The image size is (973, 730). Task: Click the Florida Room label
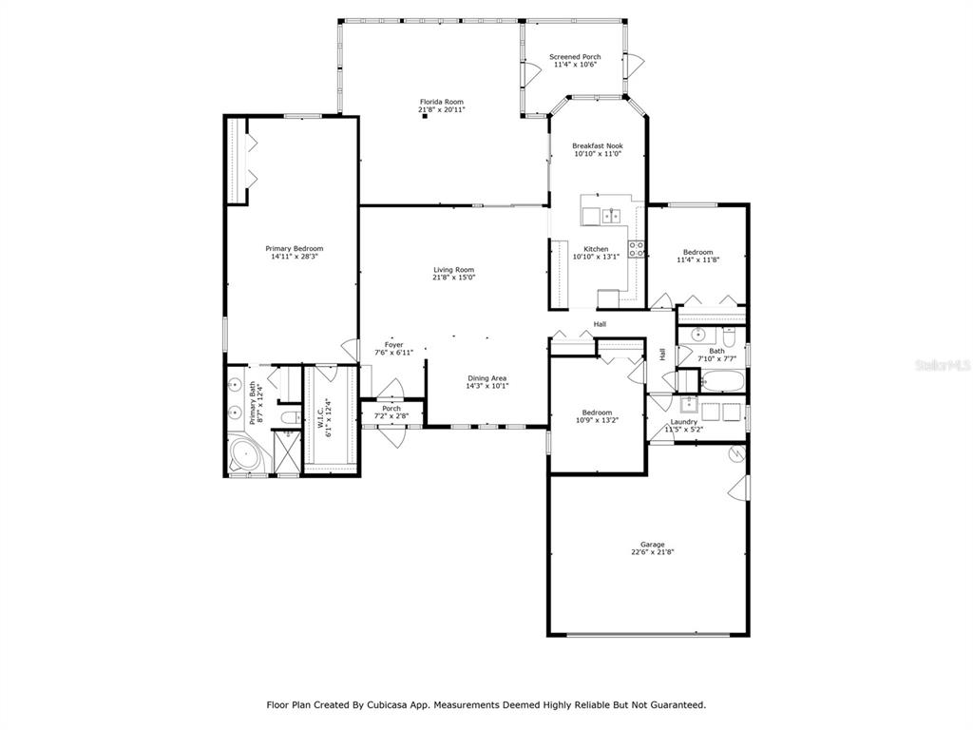(x=441, y=102)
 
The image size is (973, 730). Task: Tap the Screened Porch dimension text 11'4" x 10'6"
(x=575, y=64)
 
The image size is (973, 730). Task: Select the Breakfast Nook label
(x=598, y=145)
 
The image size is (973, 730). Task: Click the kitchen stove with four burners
(x=636, y=249)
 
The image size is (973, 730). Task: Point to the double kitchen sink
(x=611, y=216)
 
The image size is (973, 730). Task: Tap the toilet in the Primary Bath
(x=289, y=417)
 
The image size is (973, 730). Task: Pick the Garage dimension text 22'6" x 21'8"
(x=653, y=551)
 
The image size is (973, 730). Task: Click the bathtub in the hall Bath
(x=722, y=381)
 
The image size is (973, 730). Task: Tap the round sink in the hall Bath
(x=698, y=336)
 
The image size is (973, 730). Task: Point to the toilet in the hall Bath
(x=729, y=338)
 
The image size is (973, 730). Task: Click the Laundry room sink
(x=689, y=405)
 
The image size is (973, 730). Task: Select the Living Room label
(x=453, y=270)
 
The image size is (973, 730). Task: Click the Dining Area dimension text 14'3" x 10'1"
(x=487, y=386)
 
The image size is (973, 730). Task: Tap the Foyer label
(x=394, y=344)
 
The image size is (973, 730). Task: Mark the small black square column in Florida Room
(x=425, y=116)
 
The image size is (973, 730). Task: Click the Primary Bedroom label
(x=295, y=248)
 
